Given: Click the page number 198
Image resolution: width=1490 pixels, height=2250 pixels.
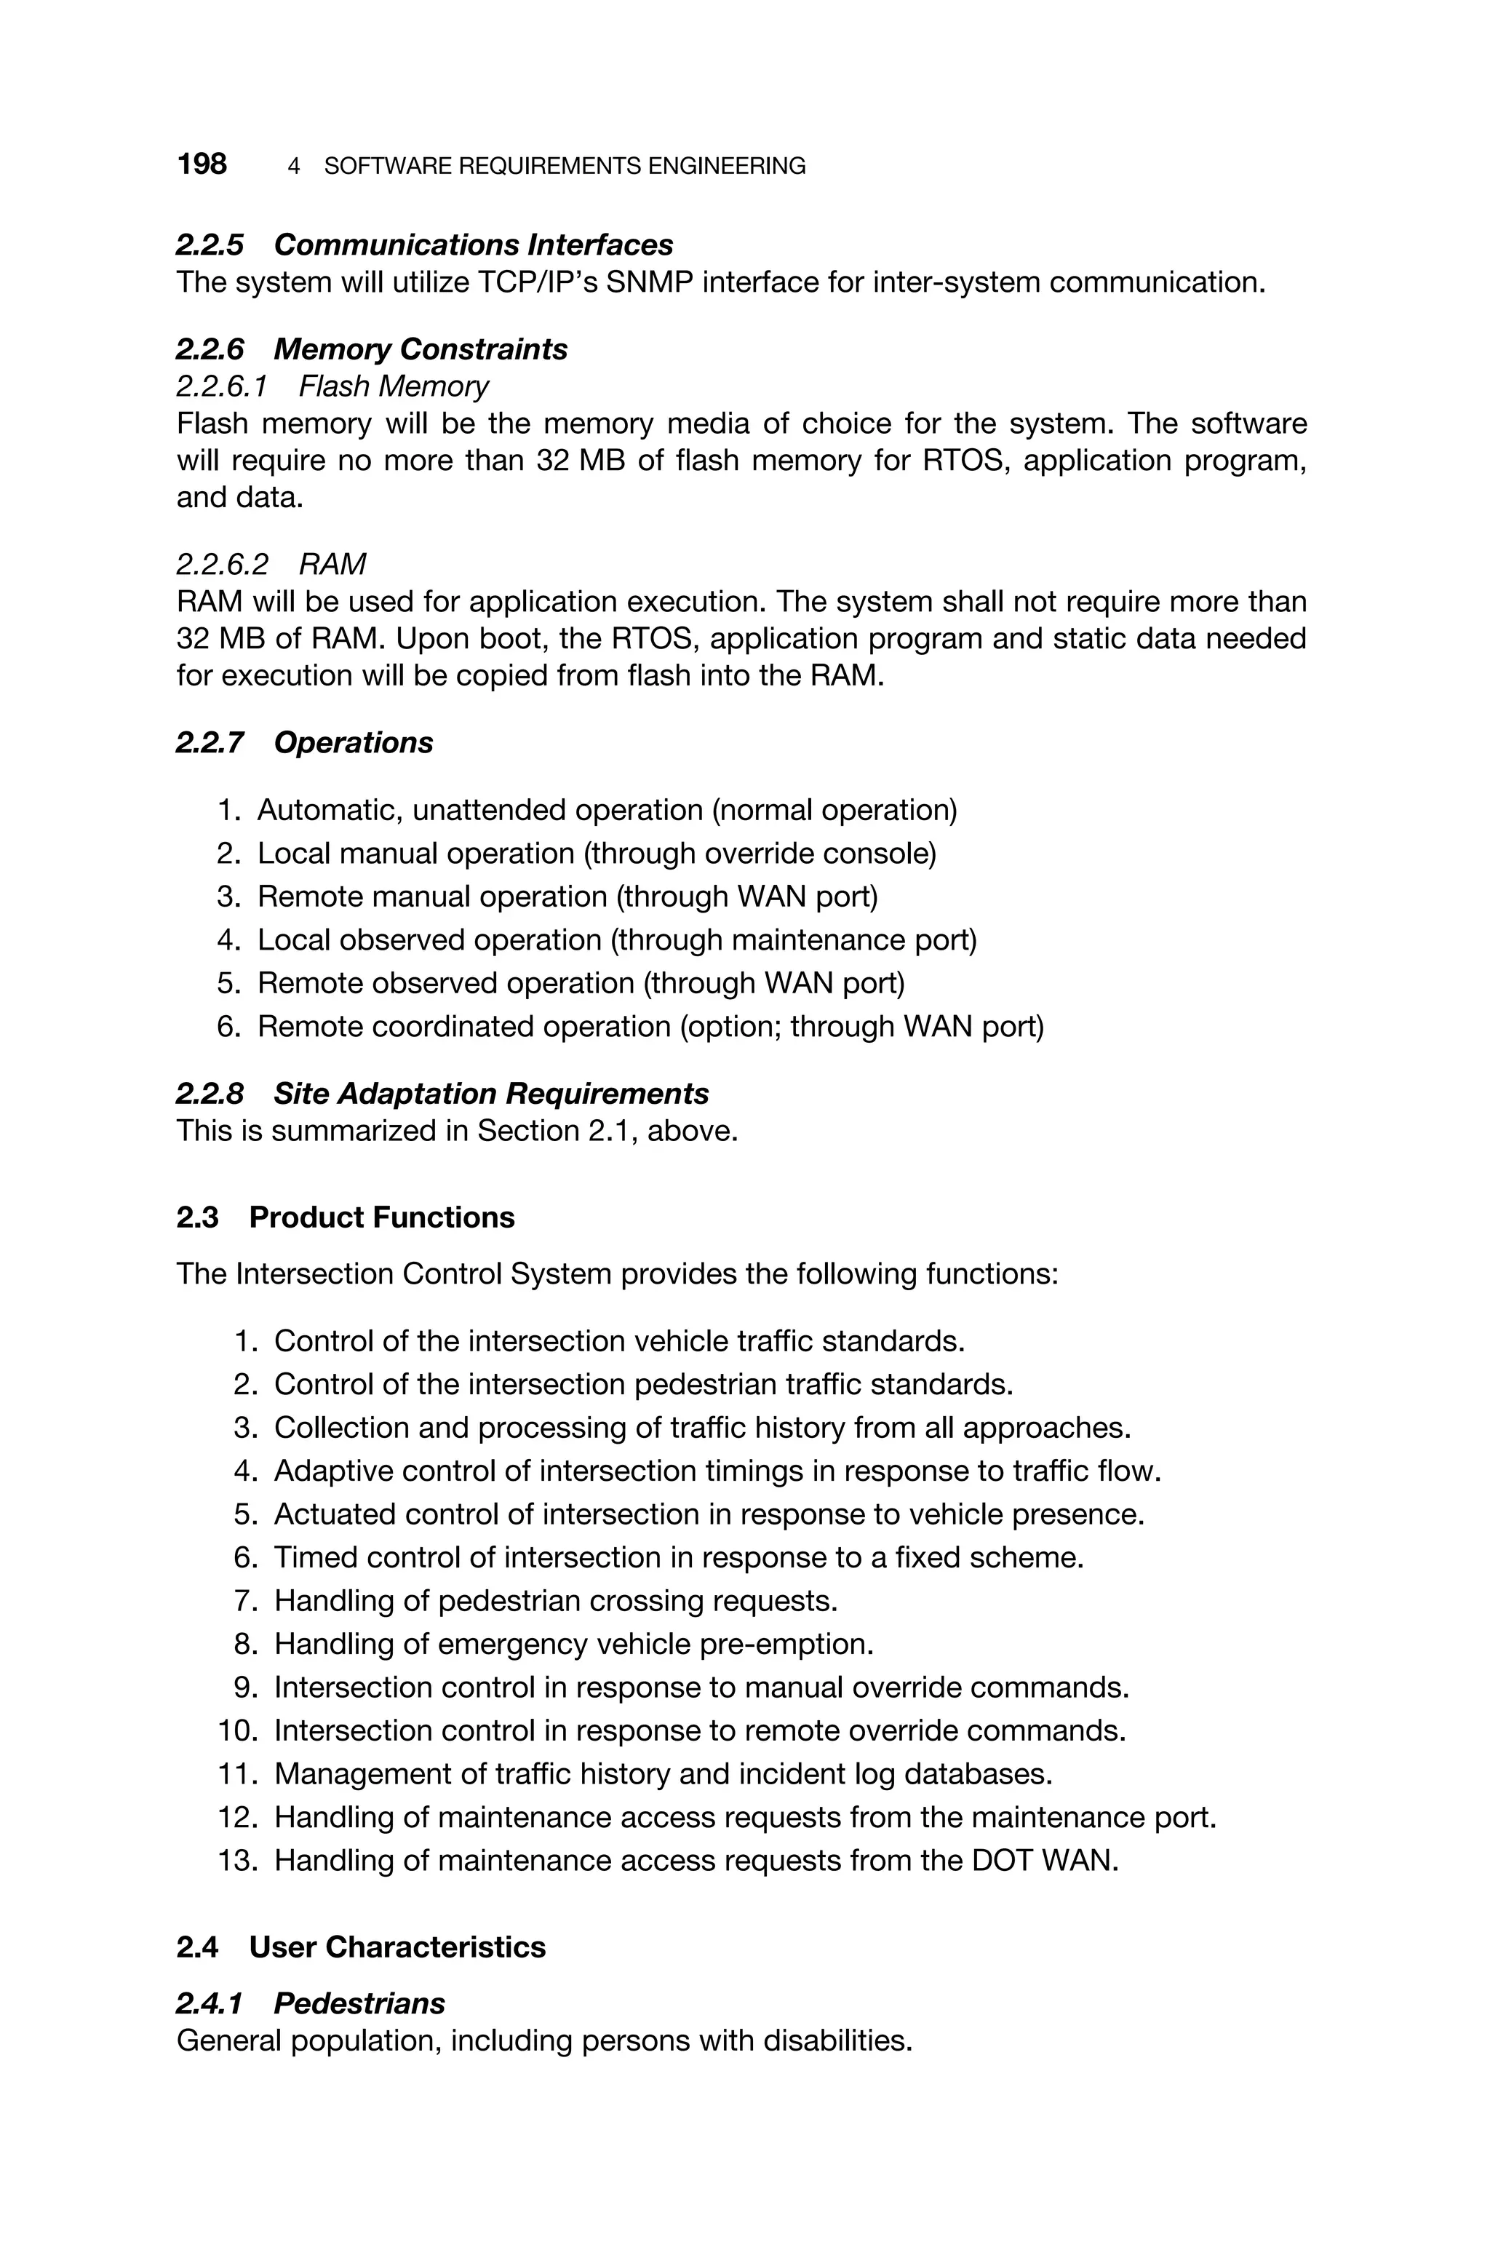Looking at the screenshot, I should [x=202, y=164].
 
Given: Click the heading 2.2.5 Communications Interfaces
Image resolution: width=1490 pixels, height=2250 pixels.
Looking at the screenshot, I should [x=424, y=245].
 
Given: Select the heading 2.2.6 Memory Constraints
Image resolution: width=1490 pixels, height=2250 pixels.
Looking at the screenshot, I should [x=372, y=350].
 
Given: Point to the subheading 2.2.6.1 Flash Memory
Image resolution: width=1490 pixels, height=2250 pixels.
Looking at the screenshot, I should [x=332, y=386].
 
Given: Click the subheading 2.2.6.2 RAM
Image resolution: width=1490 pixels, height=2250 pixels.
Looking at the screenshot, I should [x=271, y=565].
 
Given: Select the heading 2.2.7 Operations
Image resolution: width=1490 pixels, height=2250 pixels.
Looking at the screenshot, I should [x=304, y=742].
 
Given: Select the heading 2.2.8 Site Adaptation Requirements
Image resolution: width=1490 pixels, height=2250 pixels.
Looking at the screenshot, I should [x=442, y=1094].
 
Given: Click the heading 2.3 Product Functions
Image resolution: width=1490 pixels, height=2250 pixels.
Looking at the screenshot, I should [x=345, y=1217].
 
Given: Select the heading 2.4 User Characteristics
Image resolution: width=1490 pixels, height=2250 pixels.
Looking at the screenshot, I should [x=361, y=1947].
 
